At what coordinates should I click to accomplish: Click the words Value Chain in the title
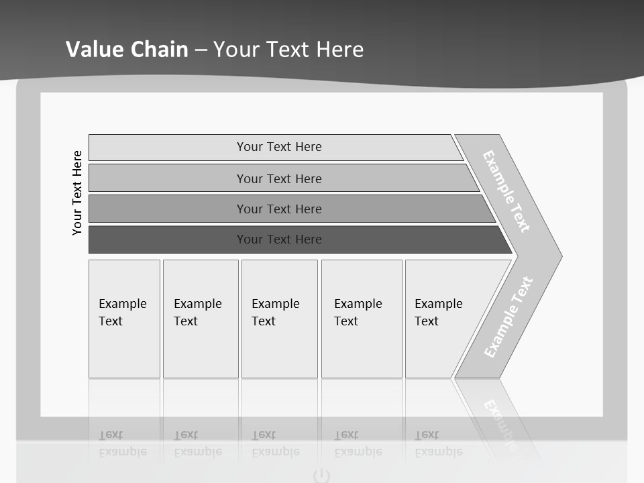pos(127,50)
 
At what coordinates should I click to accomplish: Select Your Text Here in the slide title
pos(288,50)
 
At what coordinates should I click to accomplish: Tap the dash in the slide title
pos(201,50)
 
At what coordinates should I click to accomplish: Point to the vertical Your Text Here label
pos(77,193)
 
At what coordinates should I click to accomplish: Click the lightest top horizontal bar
pos(278,147)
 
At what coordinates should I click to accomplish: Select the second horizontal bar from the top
pos(278,178)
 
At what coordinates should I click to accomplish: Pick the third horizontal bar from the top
pos(278,209)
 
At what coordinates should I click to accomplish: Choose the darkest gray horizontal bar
pos(278,239)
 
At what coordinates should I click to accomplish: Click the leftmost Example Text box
pos(124,319)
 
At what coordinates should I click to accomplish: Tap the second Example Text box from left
pos(201,319)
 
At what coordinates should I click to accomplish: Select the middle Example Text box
pos(279,319)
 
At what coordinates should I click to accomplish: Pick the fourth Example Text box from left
pos(362,319)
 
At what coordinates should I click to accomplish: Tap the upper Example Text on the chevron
pos(506,191)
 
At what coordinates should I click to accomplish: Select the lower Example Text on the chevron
pos(508,317)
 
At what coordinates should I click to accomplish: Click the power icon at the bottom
pos(322,476)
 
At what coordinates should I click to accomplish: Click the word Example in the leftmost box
pos(122,304)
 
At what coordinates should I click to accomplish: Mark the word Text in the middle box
pos(264,321)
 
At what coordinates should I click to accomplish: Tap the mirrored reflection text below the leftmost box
pos(123,444)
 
